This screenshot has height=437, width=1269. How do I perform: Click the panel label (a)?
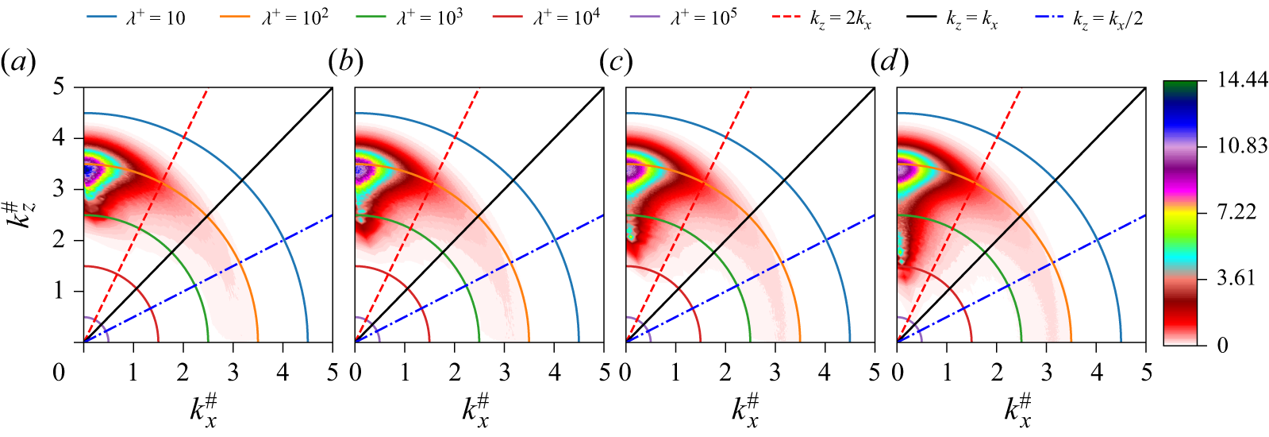[18, 61]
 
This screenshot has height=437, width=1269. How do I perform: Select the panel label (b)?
[345, 61]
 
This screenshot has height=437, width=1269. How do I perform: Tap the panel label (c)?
[617, 61]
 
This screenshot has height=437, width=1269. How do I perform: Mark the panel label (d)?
[888, 61]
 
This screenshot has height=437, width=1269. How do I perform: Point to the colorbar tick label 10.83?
[1243, 146]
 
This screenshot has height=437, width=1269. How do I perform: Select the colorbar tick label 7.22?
[1237, 212]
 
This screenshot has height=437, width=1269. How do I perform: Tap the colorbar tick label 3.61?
[1237, 278]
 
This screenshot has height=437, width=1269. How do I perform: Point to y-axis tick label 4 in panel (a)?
[58, 137]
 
